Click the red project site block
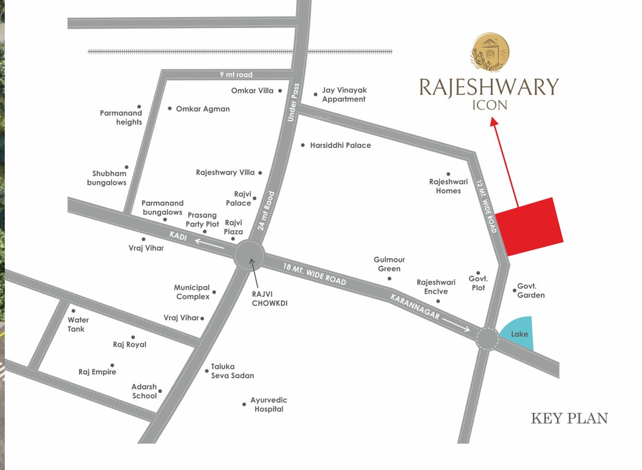[529, 226]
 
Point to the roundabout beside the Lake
[488, 338]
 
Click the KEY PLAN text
[569, 419]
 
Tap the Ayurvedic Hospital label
[269, 405]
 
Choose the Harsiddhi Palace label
[340, 146]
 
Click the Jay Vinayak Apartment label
[344, 95]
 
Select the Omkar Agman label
[203, 109]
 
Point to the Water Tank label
[78, 324]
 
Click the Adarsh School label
[144, 391]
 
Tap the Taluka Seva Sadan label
[233, 371]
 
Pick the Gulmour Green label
[389, 264]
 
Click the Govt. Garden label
[531, 291]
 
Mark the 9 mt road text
[236, 75]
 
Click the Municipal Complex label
[193, 292]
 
